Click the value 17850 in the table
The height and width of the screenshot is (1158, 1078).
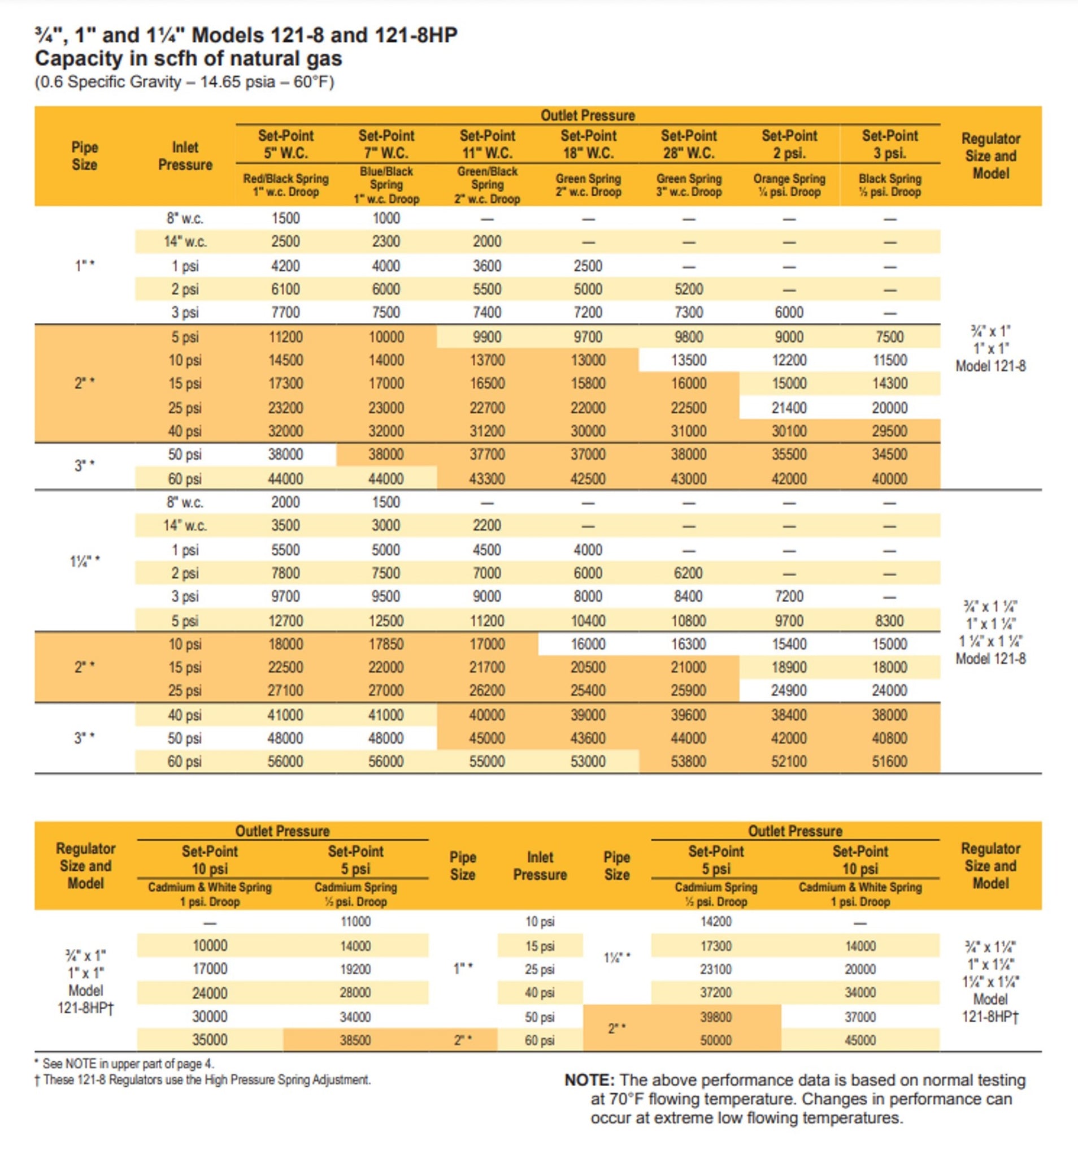(386, 644)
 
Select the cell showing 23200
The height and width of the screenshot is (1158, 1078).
(285, 408)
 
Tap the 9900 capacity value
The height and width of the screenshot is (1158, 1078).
(487, 336)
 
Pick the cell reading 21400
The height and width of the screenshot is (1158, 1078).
(789, 408)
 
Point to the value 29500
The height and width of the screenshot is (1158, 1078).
(889, 431)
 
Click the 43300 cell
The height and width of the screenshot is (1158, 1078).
(487, 479)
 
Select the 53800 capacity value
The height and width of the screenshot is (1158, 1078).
(688, 761)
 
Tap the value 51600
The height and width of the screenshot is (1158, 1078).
(889, 761)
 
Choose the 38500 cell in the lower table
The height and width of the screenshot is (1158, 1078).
(355, 1040)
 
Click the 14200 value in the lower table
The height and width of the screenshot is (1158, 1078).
(715, 922)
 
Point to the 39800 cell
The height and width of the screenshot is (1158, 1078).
(715, 1017)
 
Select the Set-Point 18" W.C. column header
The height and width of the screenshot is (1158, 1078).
(588, 144)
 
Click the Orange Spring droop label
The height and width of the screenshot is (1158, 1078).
(789, 185)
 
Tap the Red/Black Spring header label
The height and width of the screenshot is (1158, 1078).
(285, 185)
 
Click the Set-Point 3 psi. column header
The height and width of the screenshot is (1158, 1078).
(889, 144)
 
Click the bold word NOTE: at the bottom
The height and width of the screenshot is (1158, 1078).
(589, 1080)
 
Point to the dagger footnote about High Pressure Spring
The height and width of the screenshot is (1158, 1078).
(203, 1080)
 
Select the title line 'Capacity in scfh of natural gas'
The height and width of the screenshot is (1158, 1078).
(189, 59)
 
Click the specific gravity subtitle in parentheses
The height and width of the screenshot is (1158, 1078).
(184, 81)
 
